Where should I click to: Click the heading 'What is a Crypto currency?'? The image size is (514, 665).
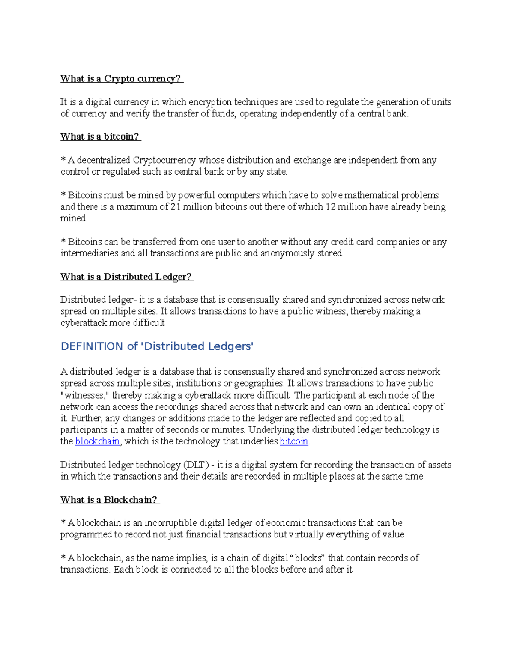coord(121,78)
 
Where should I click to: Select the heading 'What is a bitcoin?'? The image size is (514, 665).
coord(100,137)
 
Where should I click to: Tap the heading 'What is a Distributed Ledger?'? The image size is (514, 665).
coord(126,277)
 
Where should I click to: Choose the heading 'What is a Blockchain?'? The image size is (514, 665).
coord(109,500)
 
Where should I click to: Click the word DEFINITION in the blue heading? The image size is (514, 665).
coord(92,346)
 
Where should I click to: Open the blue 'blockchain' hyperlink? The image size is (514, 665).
coord(97,441)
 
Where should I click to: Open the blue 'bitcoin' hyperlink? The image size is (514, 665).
coord(294,441)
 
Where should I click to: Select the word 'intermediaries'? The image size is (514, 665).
coord(89,253)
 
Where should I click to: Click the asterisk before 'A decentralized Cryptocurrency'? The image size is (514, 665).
coord(63,160)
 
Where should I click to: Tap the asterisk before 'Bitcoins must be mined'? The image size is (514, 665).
coord(63,195)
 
